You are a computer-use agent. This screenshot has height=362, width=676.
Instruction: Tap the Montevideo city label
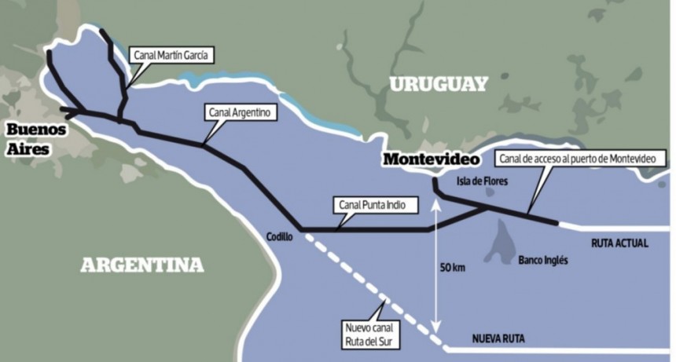pos(431,159)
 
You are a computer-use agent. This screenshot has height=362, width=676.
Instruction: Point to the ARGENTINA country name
pos(141,265)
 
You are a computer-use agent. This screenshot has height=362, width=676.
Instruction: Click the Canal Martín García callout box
pos(171,54)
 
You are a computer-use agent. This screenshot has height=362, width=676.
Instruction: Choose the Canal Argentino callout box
pos(240,113)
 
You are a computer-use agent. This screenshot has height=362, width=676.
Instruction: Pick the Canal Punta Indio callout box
pos(374,207)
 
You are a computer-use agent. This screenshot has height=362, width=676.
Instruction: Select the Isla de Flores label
pos(483,182)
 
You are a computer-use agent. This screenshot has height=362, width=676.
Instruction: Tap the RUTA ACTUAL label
pos(619,243)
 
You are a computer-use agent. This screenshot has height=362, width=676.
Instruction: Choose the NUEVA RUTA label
pos(498,339)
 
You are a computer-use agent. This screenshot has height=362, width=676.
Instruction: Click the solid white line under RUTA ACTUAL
pos(613,227)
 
